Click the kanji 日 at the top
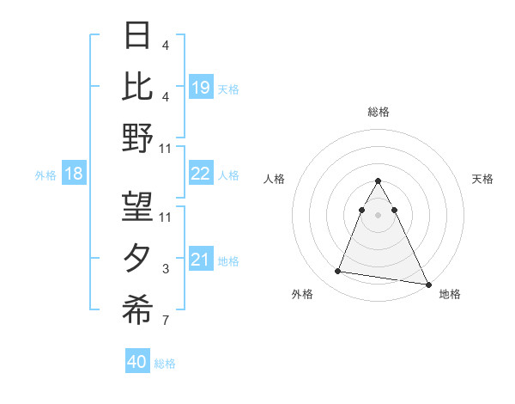coord(137,35)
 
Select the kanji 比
coord(137,86)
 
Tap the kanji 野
coord(137,137)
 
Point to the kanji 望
coord(137,206)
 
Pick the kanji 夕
coord(137,259)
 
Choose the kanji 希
coord(137,309)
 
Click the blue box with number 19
coord(201,88)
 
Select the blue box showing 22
coord(201,174)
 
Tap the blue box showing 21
coord(201,260)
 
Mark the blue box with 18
coord(74,174)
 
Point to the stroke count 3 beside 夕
coord(166,269)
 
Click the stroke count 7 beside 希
coord(166,321)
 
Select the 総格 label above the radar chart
coord(379,112)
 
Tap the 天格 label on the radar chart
coord(483,179)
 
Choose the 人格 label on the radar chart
coord(275,179)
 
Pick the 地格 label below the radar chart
coord(450,294)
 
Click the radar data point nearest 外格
coord(338,272)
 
